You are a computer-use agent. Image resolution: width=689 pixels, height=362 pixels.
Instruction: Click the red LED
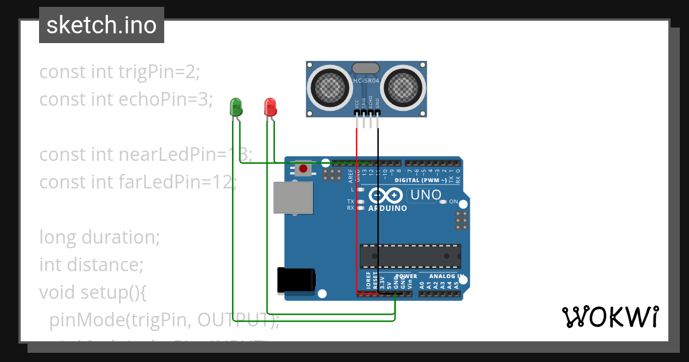(x=270, y=107)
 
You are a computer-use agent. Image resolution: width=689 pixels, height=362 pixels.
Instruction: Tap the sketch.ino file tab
(x=102, y=25)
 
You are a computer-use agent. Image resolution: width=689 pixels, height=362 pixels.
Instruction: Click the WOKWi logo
(x=610, y=317)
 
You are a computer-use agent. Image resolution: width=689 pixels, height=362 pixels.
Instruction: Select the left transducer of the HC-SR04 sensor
(x=330, y=87)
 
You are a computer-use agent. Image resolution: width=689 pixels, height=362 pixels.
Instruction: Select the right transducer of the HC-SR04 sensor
(x=404, y=87)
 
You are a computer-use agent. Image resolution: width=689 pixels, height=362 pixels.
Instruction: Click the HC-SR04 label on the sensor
(x=366, y=81)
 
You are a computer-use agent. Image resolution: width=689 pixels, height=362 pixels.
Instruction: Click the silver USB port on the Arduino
(x=293, y=198)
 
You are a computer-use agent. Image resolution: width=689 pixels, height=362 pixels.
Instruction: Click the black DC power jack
(x=296, y=280)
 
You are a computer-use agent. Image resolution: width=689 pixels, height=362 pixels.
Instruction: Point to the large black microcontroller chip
(x=410, y=256)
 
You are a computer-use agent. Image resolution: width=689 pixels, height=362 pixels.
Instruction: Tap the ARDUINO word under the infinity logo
(x=388, y=208)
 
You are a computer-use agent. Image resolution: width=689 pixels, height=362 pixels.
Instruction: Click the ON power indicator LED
(x=443, y=202)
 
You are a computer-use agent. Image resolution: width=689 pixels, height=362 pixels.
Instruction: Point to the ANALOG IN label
(x=445, y=276)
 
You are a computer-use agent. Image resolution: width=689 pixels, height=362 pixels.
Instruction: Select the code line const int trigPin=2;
(x=119, y=72)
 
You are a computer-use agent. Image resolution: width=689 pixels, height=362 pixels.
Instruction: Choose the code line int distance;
(x=91, y=264)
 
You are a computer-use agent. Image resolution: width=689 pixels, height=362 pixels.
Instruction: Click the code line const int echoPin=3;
(x=126, y=99)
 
